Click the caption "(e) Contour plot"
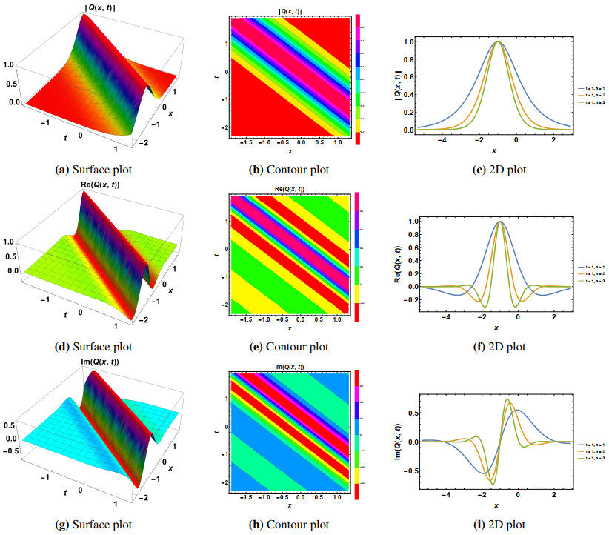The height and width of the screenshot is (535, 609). (x=290, y=345)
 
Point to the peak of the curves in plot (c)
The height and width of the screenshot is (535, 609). (x=499, y=42)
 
